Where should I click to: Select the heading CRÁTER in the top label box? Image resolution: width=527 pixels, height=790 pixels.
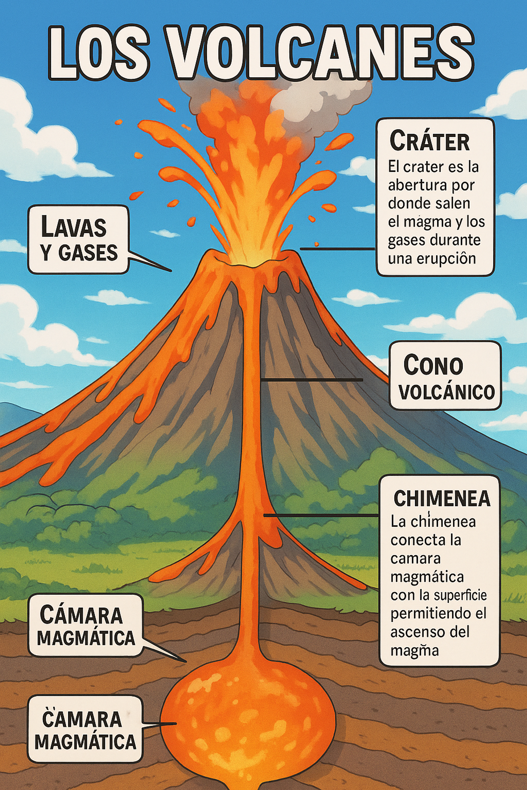tap(429, 141)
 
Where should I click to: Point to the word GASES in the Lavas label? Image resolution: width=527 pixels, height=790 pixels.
tap(88, 253)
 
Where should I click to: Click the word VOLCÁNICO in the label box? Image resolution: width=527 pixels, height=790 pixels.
tap(447, 391)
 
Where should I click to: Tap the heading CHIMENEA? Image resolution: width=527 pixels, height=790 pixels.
tap(442, 498)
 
